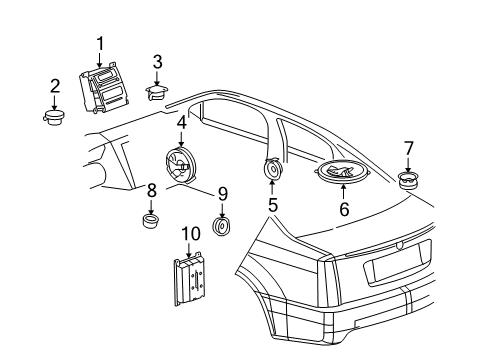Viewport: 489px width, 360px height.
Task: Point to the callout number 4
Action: [182, 123]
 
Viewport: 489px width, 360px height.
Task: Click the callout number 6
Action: [344, 211]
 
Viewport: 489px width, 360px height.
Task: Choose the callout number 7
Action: [408, 148]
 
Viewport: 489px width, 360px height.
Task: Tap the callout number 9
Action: [223, 193]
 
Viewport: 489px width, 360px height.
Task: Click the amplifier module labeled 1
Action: [104, 90]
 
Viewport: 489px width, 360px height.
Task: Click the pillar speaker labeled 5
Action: [272, 171]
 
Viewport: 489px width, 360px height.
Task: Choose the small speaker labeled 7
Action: [408, 180]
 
